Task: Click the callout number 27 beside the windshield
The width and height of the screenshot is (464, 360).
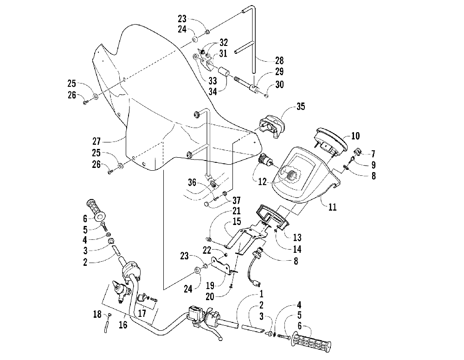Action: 97,141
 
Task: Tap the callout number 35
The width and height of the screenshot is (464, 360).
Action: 301,107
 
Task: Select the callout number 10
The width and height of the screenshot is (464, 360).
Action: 355,136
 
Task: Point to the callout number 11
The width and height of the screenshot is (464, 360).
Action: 333,207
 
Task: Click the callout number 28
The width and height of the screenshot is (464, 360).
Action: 279,61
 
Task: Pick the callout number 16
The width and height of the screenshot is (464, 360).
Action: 123,324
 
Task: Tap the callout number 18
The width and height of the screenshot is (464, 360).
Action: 97,314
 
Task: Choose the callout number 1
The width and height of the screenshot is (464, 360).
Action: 261,294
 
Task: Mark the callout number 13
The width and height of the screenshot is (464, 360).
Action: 297,237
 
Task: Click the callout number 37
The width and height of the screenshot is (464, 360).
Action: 237,200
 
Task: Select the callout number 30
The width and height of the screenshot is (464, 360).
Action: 279,84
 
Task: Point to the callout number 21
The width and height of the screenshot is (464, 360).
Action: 237,211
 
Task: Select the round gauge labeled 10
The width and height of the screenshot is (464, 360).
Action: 331,143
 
